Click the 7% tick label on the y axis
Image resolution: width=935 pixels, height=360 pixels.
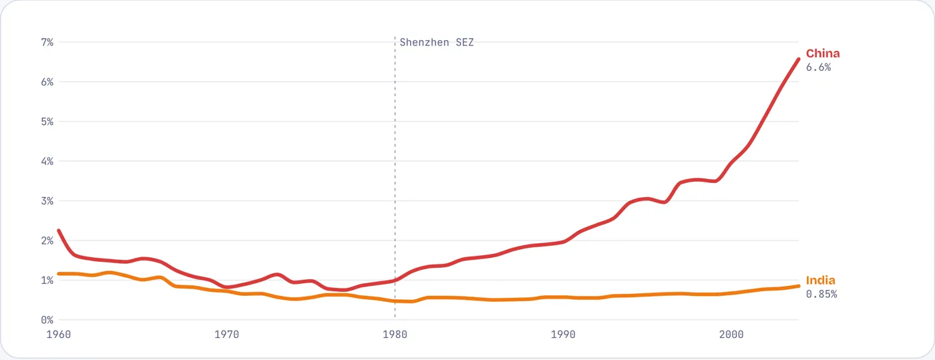[47, 42]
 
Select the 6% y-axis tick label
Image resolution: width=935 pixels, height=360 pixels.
[47, 82]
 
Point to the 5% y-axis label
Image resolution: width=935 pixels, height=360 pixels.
[47, 122]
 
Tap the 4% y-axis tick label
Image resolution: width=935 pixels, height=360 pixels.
[47, 161]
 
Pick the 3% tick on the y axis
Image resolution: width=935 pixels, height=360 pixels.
[47, 201]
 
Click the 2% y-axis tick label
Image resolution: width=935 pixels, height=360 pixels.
[47, 240]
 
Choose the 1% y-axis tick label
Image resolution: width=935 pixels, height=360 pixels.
[47, 281]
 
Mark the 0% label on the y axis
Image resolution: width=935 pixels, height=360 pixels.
[47, 320]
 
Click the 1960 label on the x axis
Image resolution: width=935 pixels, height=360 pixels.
[59, 335]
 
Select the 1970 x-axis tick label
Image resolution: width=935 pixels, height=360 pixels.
[226, 335]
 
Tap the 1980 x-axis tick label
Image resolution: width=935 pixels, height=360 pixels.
[395, 335]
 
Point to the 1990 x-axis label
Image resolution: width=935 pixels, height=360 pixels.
[563, 335]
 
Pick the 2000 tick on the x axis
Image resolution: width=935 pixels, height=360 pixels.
[731, 335]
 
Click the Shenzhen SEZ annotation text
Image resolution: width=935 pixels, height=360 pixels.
[437, 42]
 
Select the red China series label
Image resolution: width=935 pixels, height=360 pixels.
[823, 53]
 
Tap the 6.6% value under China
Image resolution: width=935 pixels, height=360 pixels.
[819, 67]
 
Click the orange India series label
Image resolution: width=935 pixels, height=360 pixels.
[821, 281]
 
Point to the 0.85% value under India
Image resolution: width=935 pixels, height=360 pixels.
[821, 295]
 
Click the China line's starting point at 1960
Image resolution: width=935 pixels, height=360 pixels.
[59, 230]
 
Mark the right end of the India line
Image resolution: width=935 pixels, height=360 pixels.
[799, 286]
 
